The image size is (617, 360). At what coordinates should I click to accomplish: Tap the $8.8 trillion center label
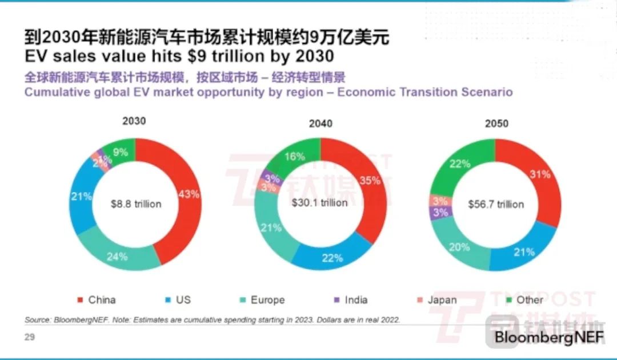point(136,204)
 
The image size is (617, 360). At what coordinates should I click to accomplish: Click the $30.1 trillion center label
point(319,203)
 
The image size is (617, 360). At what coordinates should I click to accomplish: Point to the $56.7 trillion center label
point(495,204)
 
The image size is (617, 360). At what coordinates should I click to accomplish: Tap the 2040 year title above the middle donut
point(320,123)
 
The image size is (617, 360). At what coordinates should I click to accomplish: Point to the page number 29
point(29,337)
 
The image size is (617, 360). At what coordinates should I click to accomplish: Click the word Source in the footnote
point(38,319)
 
